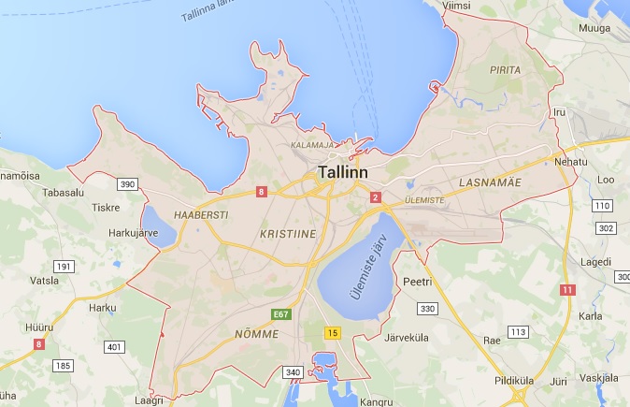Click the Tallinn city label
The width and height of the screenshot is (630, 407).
tap(343, 173)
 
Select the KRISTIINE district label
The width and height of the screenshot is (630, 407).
tap(286, 229)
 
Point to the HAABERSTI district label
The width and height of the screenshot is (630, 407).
tap(201, 213)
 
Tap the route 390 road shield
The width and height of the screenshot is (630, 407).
tap(128, 184)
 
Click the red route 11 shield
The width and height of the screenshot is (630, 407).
tap(567, 289)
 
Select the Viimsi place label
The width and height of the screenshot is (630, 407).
tap(456, 6)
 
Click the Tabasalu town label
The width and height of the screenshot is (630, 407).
tap(64, 193)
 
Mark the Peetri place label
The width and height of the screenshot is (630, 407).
tap(417, 281)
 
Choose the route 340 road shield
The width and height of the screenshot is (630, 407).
tap(294, 372)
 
